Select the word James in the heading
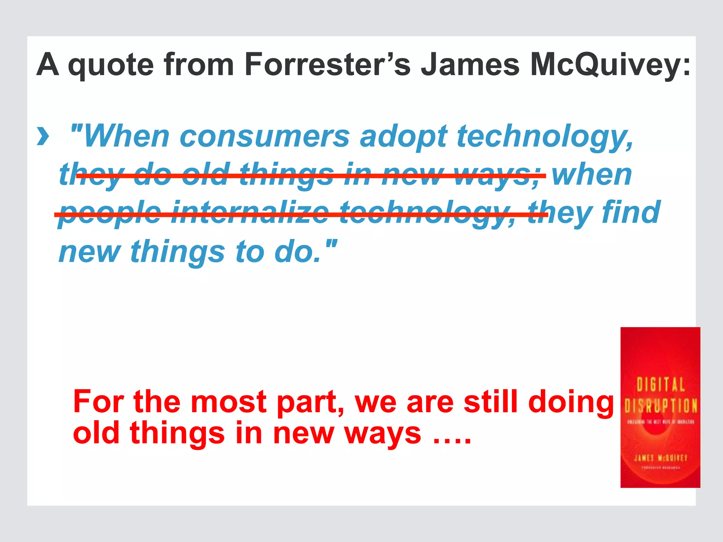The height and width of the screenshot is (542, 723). [470, 65]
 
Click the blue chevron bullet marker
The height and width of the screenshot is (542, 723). [43, 137]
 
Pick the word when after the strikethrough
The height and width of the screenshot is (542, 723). [592, 175]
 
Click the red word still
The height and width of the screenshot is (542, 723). [491, 402]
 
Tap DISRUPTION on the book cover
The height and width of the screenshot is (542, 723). [661, 406]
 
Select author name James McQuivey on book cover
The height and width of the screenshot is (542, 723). [661, 458]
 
